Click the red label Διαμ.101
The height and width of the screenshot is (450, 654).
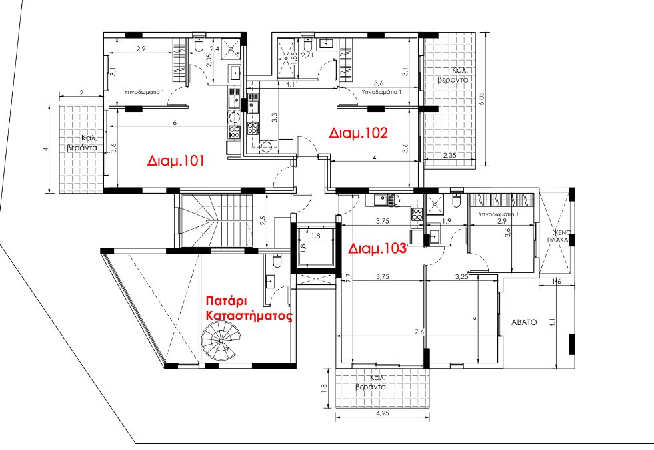click(x=175, y=161)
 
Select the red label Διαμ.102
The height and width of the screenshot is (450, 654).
click(x=358, y=133)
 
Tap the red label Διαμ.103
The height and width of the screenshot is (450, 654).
click(x=377, y=248)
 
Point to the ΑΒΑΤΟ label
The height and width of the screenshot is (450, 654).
click(x=524, y=322)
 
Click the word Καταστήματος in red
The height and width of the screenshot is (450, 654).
click(x=249, y=316)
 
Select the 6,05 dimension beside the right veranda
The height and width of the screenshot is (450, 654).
click(x=483, y=99)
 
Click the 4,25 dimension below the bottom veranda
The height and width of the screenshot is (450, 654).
click(x=383, y=413)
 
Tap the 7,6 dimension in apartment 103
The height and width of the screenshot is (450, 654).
click(x=419, y=332)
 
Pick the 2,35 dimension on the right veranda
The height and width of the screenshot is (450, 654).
click(x=449, y=156)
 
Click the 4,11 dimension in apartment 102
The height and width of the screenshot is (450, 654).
click(x=291, y=84)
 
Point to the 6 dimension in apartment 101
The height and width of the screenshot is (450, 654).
click(x=175, y=122)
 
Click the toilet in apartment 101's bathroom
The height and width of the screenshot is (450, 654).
click(x=199, y=45)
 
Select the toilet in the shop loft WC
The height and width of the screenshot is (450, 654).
click(x=277, y=260)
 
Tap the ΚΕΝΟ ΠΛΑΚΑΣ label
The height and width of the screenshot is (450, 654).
click(x=561, y=236)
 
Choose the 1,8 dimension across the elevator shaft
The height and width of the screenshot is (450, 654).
click(x=316, y=236)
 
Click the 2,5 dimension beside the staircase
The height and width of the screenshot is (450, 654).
click(x=263, y=220)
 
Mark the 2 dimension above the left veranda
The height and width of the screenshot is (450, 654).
click(x=81, y=93)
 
